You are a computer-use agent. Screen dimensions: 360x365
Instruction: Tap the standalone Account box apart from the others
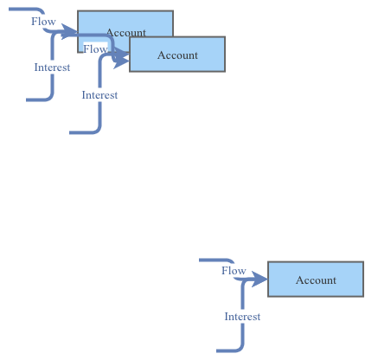click(x=316, y=280)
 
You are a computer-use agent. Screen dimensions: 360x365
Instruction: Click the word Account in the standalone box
click(x=316, y=280)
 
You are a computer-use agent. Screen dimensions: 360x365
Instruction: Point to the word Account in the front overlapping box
click(x=177, y=55)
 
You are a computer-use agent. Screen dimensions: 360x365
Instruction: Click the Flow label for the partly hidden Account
click(x=43, y=21)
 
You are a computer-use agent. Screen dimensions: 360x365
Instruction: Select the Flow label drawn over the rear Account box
click(x=95, y=49)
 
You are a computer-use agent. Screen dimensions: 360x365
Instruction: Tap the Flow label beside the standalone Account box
click(x=234, y=271)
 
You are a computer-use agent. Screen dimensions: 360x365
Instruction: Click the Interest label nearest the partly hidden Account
click(x=52, y=67)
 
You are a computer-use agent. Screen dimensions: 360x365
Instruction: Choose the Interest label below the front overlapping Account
click(x=99, y=94)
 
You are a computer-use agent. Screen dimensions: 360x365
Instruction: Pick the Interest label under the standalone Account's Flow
click(x=242, y=317)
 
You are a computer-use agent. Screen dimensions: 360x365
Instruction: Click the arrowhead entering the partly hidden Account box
click(x=71, y=35)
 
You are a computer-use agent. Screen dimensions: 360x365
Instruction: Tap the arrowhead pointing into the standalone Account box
click(x=261, y=280)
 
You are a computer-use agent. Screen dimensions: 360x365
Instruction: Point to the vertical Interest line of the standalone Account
click(x=243, y=333)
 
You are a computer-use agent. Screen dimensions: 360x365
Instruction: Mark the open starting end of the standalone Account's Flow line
click(x=201, y=260)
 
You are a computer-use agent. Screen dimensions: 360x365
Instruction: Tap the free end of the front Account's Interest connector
click(x=71, y=133)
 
